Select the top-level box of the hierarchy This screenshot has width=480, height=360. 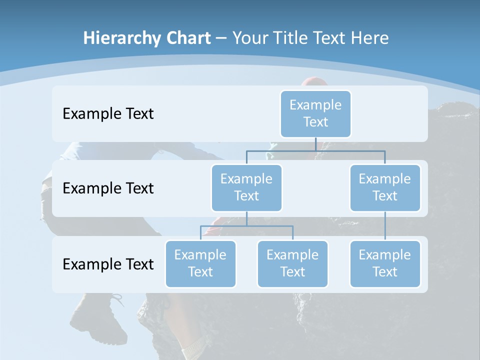point(315,113)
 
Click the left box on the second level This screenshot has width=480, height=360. point(246,187)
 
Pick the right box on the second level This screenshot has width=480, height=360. point(385,187)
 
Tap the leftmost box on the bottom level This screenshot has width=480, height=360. point(200,263)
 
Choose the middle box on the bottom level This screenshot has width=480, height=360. point(292,263)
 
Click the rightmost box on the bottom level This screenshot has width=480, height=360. point(385,263)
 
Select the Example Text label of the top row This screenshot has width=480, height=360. point(108,114)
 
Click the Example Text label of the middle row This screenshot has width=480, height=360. point(108,188)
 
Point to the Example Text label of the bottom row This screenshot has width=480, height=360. point(108,264)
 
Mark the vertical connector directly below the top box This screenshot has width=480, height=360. point(315,144)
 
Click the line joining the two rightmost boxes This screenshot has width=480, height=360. point(385,226)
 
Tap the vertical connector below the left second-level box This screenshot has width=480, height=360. point(246,218)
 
